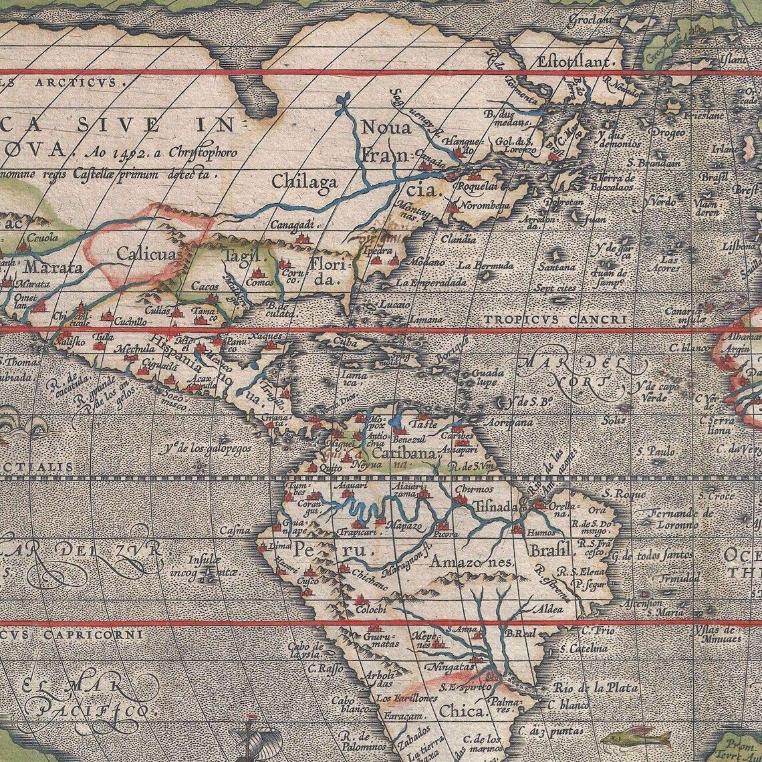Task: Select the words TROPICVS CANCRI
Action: [x=555, y=320]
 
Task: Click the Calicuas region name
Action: [x=148, y=255]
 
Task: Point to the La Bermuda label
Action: [x=485, y=265]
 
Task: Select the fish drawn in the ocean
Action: [x=636, y=739]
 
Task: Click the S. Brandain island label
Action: [x=654, y=163]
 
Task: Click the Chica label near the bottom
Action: [x=463, y=711]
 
